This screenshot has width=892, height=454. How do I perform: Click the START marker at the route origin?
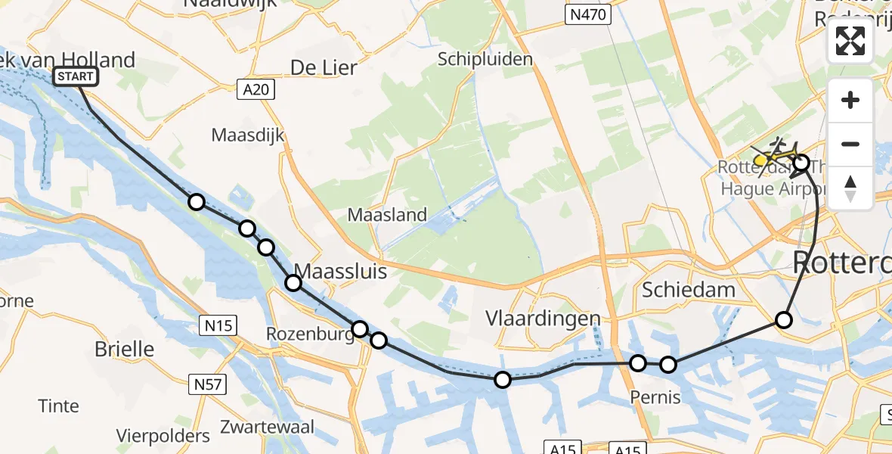click(76, 76)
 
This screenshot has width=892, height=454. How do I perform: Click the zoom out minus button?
click(850, 144)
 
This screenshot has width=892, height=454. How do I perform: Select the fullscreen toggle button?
click(850, 41)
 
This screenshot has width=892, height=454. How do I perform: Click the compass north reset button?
click(850, 188)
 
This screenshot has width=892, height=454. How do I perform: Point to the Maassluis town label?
click(340, 271)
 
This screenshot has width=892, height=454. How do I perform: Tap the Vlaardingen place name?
click(544, 319)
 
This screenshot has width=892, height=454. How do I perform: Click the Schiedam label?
click(688, 289)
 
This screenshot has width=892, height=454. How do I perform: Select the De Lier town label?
click(324, 68)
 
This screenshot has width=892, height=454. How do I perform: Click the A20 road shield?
click(256, 90)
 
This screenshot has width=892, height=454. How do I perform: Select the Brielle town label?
click(125, 350)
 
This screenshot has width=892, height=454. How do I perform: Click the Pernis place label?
click(655, 398)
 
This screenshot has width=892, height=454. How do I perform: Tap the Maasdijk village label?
click(248, 136)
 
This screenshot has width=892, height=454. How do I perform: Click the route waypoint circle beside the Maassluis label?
click(293, 283)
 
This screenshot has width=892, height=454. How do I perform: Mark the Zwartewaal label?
click(267, 427)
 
